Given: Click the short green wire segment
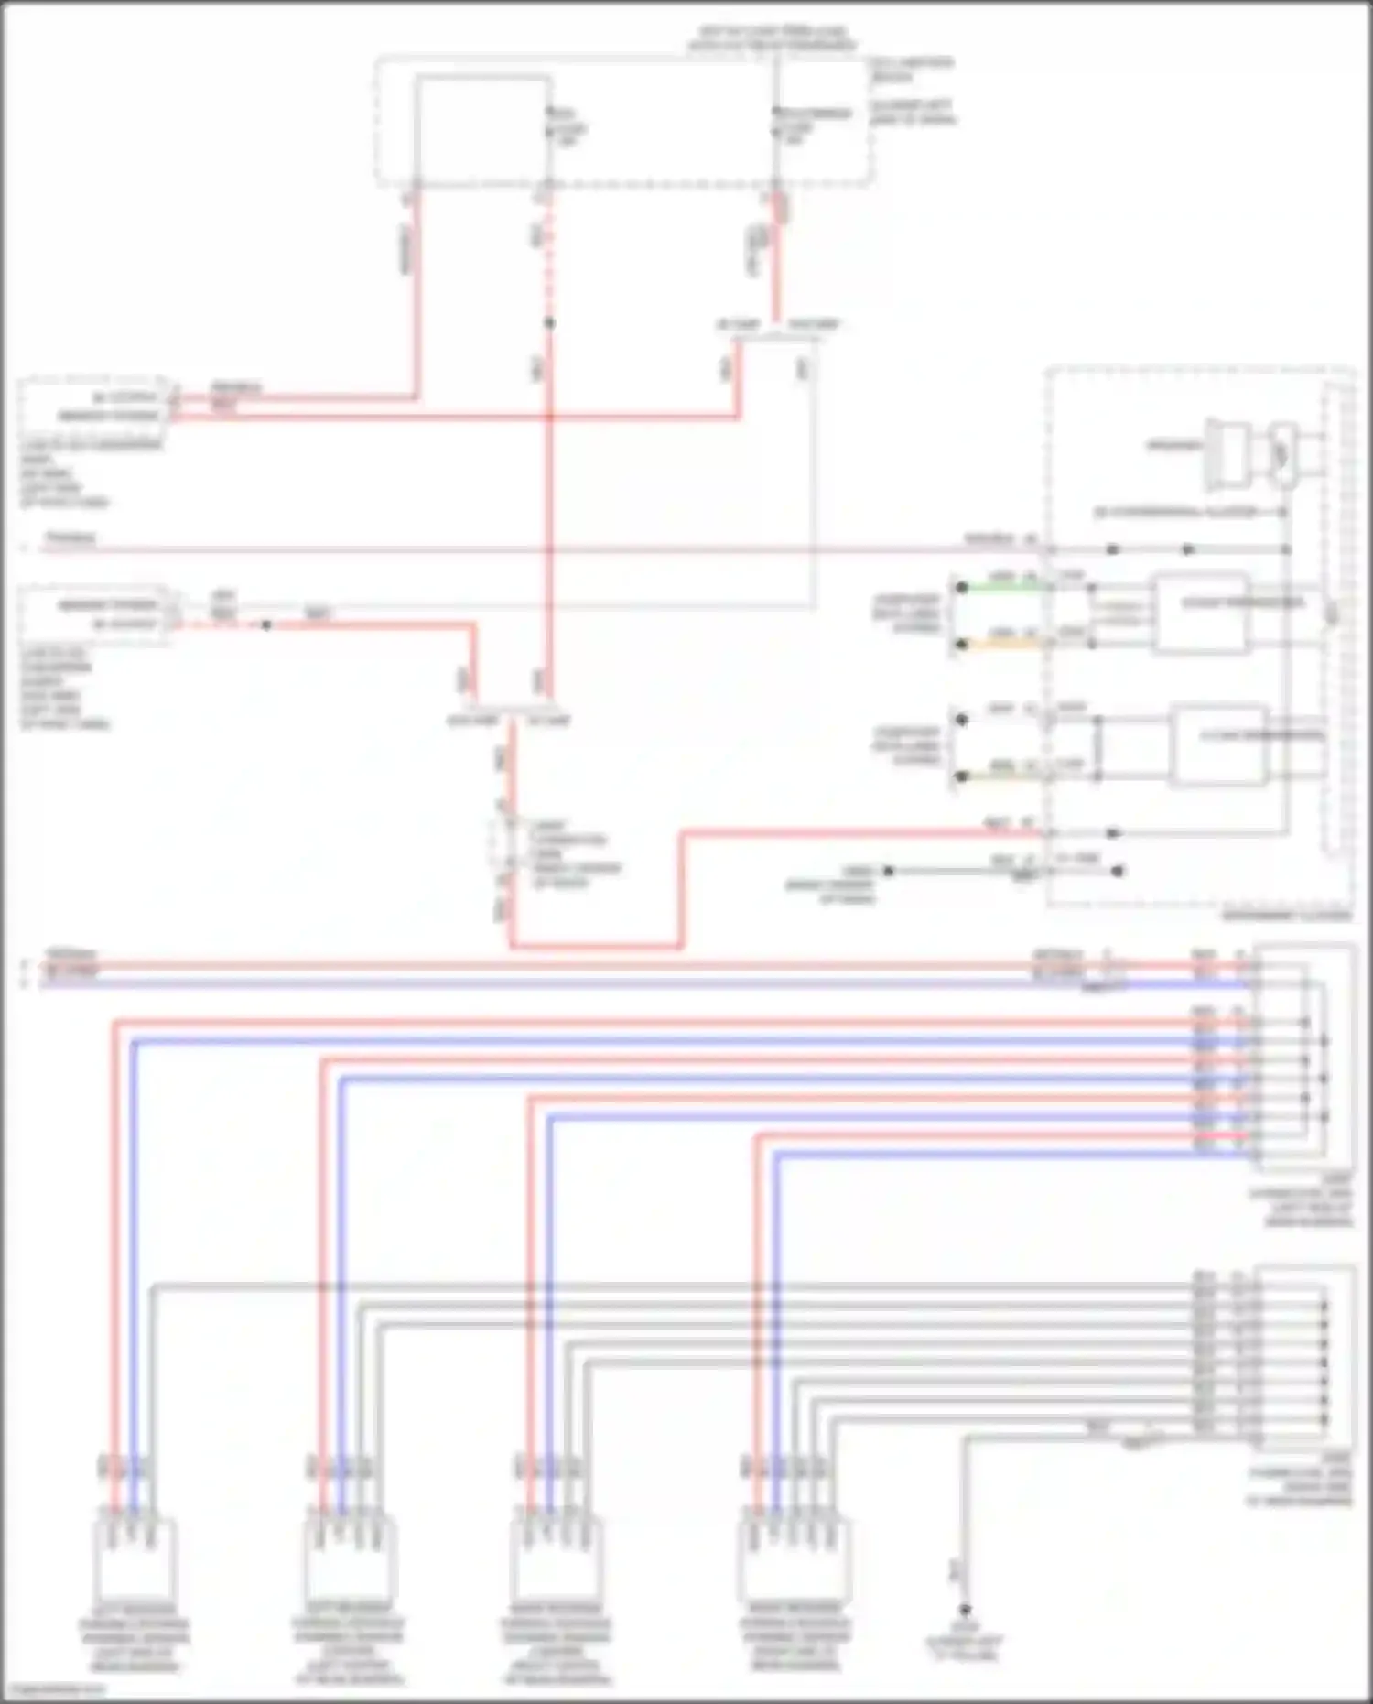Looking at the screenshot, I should (x=1002, y=587).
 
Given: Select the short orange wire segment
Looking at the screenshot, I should (x=1002, y=644).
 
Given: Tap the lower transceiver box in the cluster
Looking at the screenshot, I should (x=1220, y=744).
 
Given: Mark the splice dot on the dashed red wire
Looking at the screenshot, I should (x=549, y=323).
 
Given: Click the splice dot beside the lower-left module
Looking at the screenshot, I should (x=266, y=625).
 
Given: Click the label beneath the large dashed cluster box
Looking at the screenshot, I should (x=1285, y=915).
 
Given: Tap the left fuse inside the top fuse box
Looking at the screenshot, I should (x=549, y=130).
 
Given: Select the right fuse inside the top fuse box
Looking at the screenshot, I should (x=776, y=128).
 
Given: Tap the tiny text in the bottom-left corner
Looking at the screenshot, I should (x=53, y=1690).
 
